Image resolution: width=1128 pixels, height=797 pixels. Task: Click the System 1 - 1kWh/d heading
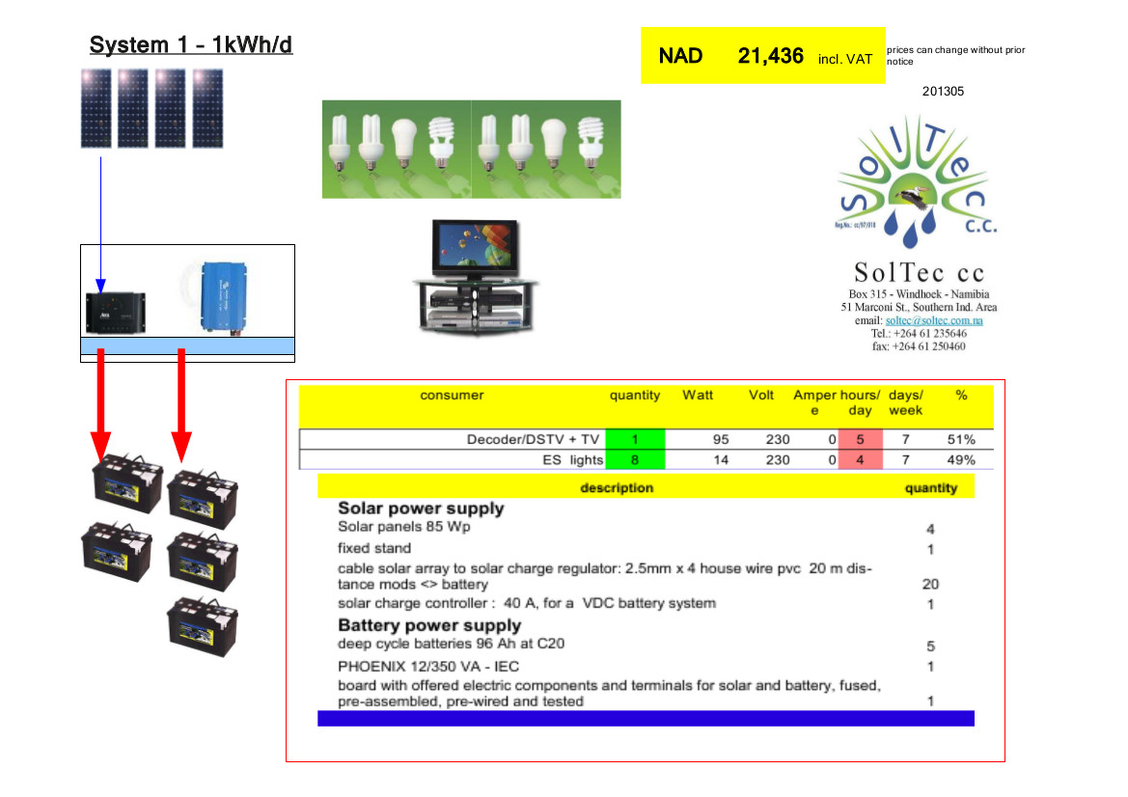[190, 45]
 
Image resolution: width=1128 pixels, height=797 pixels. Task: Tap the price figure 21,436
[770, 56]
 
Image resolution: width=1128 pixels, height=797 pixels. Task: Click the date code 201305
[943, 92]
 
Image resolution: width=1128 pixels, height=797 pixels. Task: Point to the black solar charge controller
[115, 309]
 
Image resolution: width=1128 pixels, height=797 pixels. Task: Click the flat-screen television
[473, 249]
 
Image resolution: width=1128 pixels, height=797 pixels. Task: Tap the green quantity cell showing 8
[635, 460]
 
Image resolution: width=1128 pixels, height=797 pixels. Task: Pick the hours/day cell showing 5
[860, 440]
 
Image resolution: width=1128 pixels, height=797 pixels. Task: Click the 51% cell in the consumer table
[960, 440]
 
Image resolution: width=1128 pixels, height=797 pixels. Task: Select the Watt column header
[698, 396]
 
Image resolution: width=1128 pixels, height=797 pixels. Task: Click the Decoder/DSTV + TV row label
[535, 440]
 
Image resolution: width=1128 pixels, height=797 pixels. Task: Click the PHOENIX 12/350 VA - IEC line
[421, 666]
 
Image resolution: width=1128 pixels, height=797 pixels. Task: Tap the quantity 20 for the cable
[930, 584]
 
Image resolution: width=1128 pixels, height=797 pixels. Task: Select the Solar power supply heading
[421, 508]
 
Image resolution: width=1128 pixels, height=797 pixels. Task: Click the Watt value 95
[721, 440]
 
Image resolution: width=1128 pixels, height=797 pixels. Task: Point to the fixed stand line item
[374, 548]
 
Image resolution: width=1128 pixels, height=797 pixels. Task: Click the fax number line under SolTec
[918, 346]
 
